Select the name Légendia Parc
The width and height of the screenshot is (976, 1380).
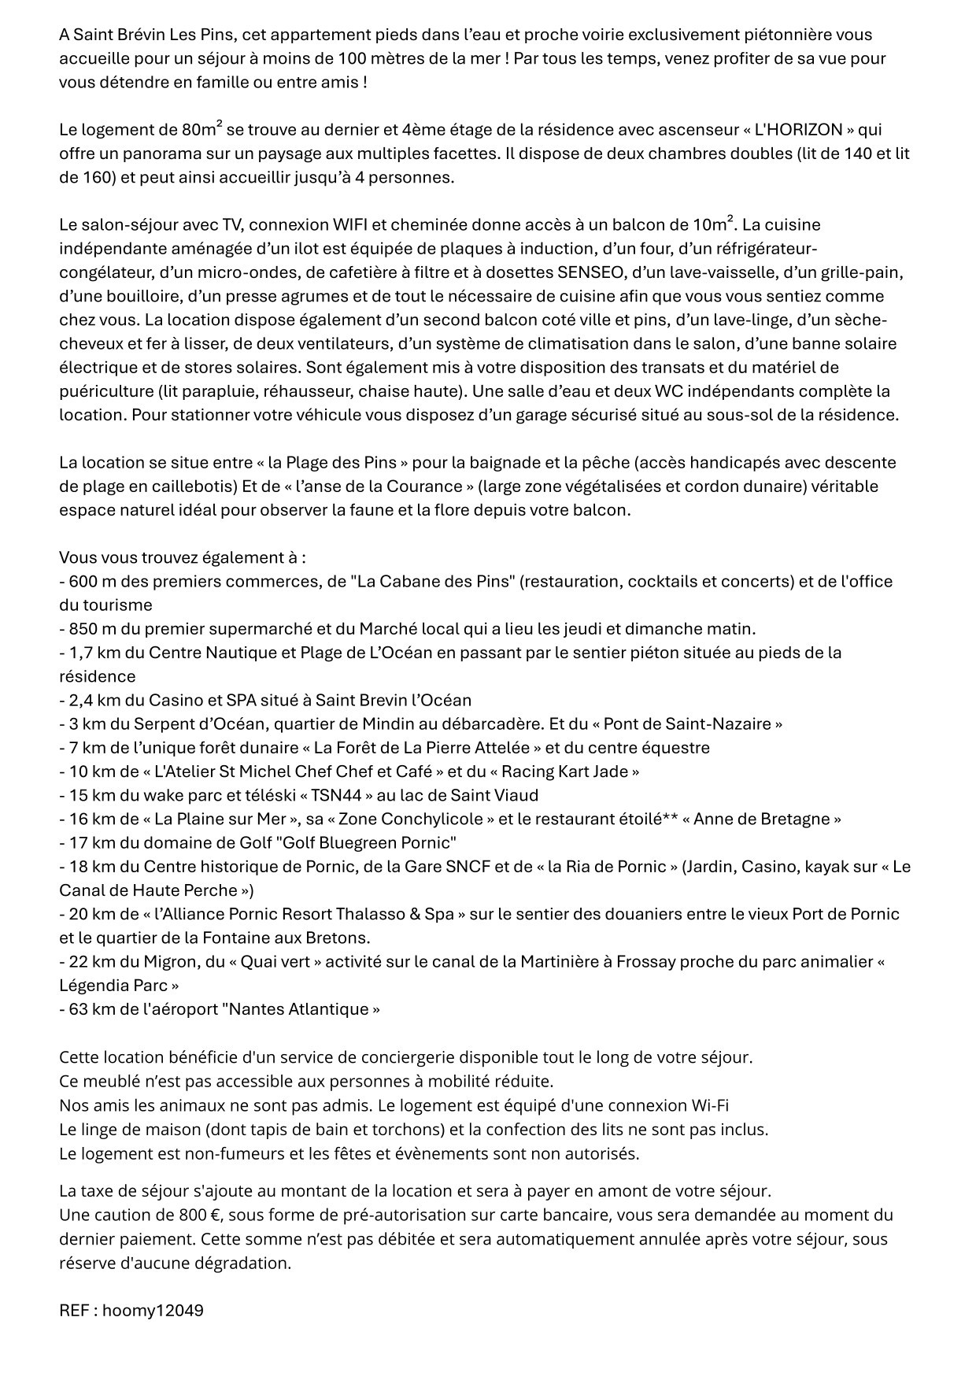point(112,986)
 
